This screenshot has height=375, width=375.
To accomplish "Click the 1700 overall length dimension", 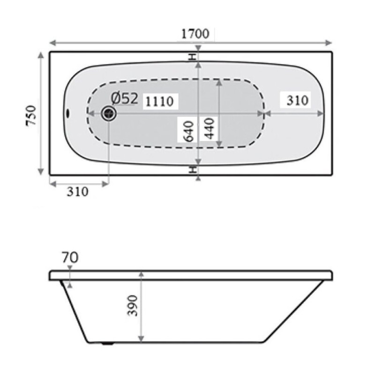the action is point(195,34).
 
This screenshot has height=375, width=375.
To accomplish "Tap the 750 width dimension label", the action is point(31,115).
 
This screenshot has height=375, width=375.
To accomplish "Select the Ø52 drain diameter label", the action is point(125,98).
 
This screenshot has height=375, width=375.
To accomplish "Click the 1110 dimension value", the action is point(159,101).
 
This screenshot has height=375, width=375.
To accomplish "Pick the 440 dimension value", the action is point(210,128).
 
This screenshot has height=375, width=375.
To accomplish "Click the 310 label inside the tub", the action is point(297,100).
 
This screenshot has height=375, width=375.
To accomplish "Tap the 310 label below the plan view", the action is point(77,192).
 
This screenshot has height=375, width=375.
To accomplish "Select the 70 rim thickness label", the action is point(70,257).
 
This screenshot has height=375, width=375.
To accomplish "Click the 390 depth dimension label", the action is point(133,306).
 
